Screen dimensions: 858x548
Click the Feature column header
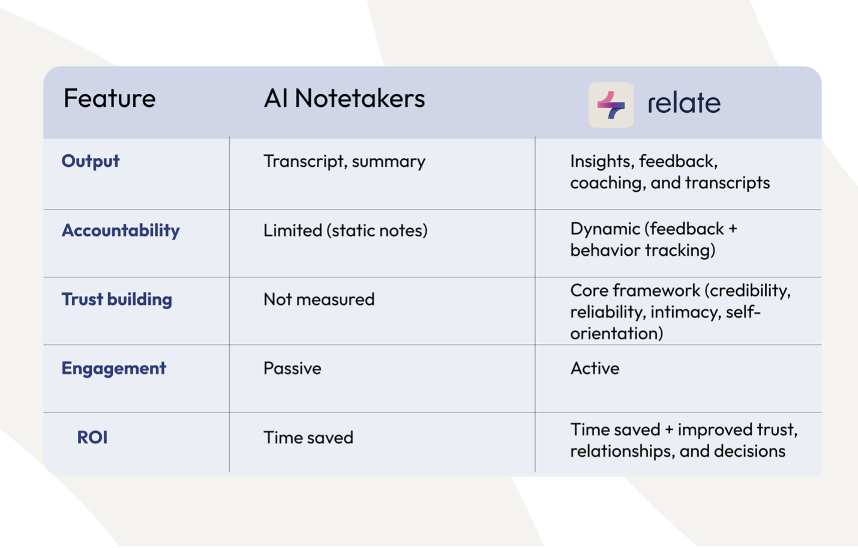[x=110, y=98]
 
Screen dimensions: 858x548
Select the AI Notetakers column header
[x=344, y=98]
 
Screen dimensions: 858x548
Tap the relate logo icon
[x=611, y=104]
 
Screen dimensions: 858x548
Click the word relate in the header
[x=684, y=103]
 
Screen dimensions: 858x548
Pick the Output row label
[x=91, y=161]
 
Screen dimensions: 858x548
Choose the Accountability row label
[x=121, y=230]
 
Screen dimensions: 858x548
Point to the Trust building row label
[x=117, y=300]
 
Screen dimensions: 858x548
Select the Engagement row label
[x=114, y=369]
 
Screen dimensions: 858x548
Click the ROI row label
[x=92, y=437]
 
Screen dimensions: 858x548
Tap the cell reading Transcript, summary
[x=344, y=161]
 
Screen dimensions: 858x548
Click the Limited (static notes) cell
[x=346, y=230]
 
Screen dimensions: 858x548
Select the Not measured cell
[x=319, y=300]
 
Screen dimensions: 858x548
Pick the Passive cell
[x=292, y=369]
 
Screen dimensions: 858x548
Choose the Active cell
[x=595, y=369]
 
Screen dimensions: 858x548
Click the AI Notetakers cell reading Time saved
[x=308, y=437]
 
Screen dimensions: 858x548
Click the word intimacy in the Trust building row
[x=680, y=312]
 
